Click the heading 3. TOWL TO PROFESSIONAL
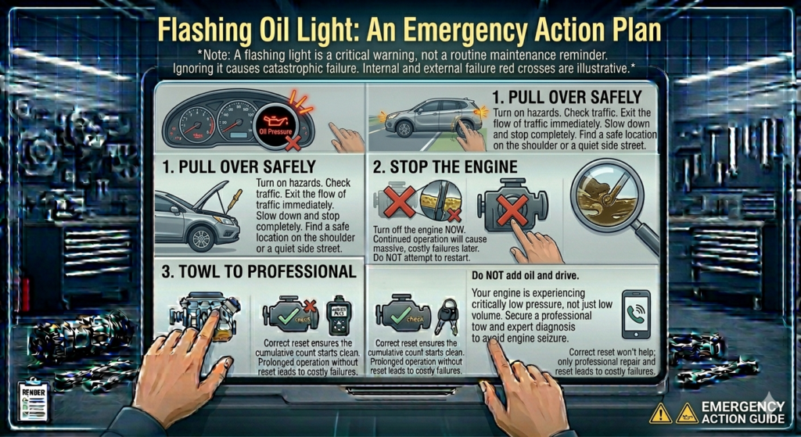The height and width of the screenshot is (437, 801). point(257,272)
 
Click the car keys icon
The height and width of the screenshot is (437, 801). point(447,317)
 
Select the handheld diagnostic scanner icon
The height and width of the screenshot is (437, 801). point(339,314)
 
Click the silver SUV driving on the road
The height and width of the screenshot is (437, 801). point(422,118)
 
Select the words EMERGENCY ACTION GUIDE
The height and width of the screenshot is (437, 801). point(742,412)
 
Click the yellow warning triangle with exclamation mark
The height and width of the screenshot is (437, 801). point(660,413)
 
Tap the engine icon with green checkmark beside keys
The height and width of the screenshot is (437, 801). point(403,315)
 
